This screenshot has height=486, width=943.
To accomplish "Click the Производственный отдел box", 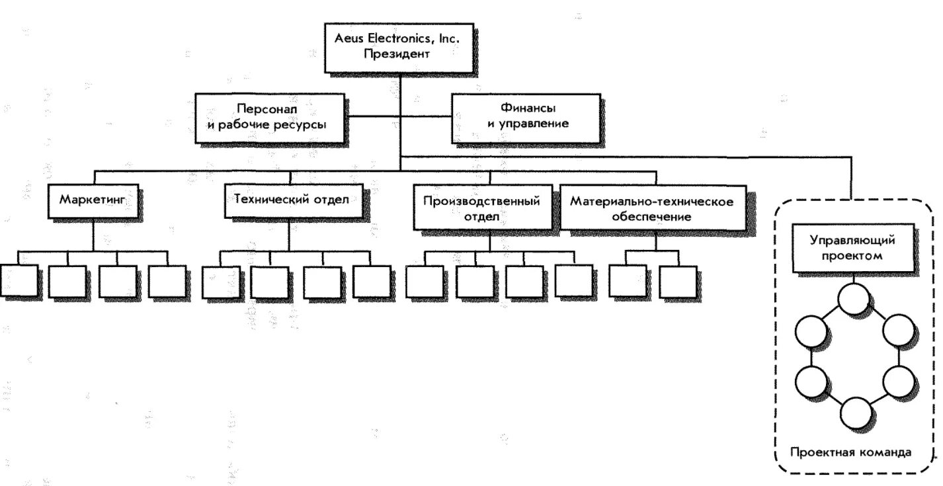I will point(481,208).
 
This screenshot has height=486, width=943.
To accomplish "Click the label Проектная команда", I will point(851,453).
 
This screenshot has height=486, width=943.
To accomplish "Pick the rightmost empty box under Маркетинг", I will point(167,281).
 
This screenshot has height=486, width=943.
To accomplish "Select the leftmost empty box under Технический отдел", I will point(220,281).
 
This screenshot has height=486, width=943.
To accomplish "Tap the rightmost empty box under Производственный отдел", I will point(573,281).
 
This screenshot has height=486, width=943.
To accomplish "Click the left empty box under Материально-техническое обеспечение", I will point(626,281).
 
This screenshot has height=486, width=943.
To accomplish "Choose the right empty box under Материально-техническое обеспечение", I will point(677,281).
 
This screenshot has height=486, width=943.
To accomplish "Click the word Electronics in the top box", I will point(401,39).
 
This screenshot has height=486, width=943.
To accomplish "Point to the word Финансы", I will point(527,108).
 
